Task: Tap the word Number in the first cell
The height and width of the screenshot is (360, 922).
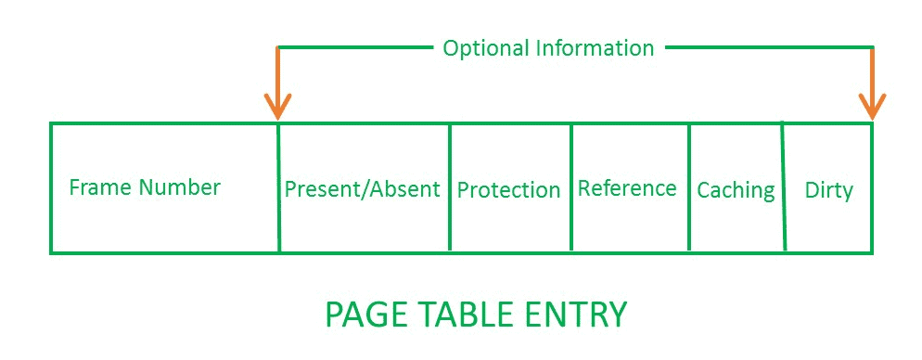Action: [x=180, y=187]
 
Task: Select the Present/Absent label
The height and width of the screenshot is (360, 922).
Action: [x=362, y=189]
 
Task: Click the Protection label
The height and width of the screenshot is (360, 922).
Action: [x=508, y=190]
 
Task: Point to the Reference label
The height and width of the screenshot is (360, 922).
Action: [x=627, y=188]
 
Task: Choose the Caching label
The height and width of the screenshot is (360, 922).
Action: [x=736, y=190]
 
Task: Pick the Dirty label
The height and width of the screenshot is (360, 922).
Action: [x=828, y=190]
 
